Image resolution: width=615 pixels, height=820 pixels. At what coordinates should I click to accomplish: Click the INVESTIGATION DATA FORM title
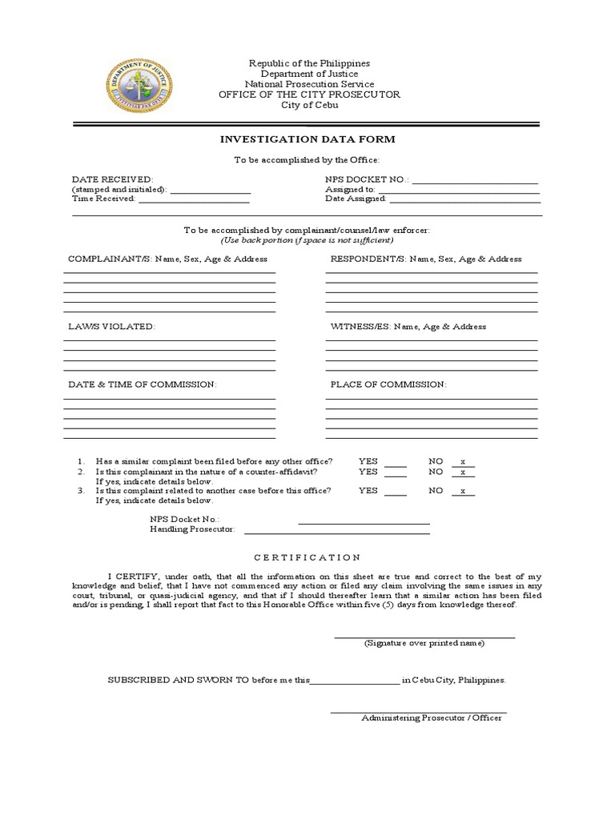(307, 139)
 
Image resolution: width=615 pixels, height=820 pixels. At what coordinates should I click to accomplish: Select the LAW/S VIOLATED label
(112, 327)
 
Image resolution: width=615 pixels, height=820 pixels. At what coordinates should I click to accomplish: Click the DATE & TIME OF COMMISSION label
(143, 384)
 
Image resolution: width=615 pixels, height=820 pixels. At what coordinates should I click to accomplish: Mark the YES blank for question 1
(396, 464)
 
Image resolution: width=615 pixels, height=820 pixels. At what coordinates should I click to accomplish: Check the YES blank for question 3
(396, 492)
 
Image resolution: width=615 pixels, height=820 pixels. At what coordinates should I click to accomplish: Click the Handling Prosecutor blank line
(336, 531)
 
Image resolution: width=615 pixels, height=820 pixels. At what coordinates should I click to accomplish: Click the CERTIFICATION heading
(307, 557)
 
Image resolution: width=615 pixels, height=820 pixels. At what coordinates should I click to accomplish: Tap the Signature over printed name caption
(424, 643)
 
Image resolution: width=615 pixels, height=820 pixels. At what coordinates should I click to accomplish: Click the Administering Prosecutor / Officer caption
(431, 718)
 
